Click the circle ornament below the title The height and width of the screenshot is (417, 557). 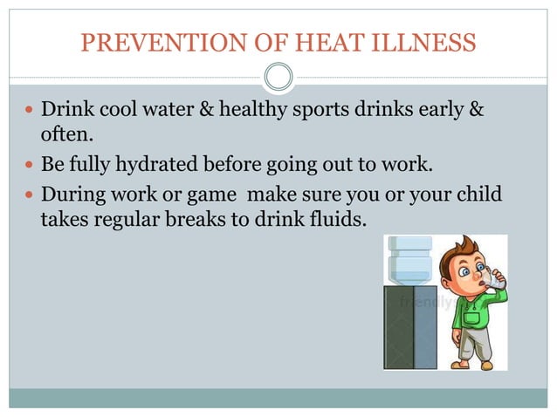278,78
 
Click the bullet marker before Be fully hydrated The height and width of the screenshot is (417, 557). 29,165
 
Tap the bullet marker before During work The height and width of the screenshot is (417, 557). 29,193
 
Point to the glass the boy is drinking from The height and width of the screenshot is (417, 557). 495,281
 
